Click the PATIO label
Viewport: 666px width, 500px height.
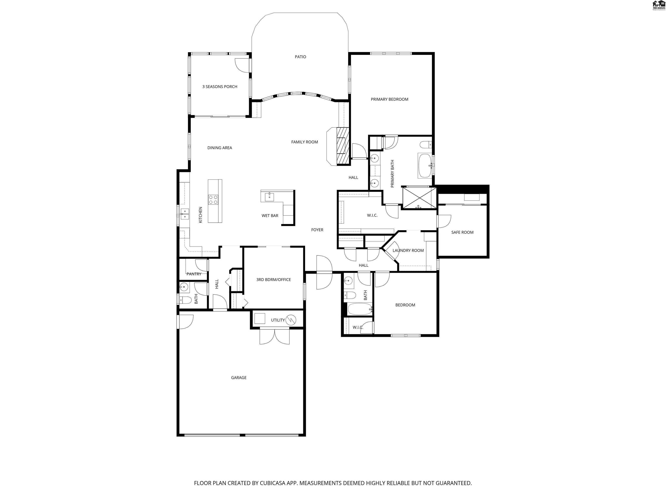tap(300, 57)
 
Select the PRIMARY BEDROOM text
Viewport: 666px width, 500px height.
tap(389, 99)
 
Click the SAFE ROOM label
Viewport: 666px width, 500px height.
tap(462, 232)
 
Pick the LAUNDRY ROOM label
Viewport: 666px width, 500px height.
tap(408, 250)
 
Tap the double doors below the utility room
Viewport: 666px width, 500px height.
tap(275, 336)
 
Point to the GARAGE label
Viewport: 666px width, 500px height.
tap(239, 377)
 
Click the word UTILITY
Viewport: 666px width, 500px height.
tap(277, 320)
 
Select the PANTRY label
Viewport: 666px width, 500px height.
tap(194, 274)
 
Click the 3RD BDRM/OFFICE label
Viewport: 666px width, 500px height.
tap(273, 279)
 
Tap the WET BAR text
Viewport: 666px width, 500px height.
tap(270, 215)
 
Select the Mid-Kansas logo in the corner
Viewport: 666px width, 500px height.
tap(658, 5)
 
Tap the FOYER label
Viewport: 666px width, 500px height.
tap(317, 230)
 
